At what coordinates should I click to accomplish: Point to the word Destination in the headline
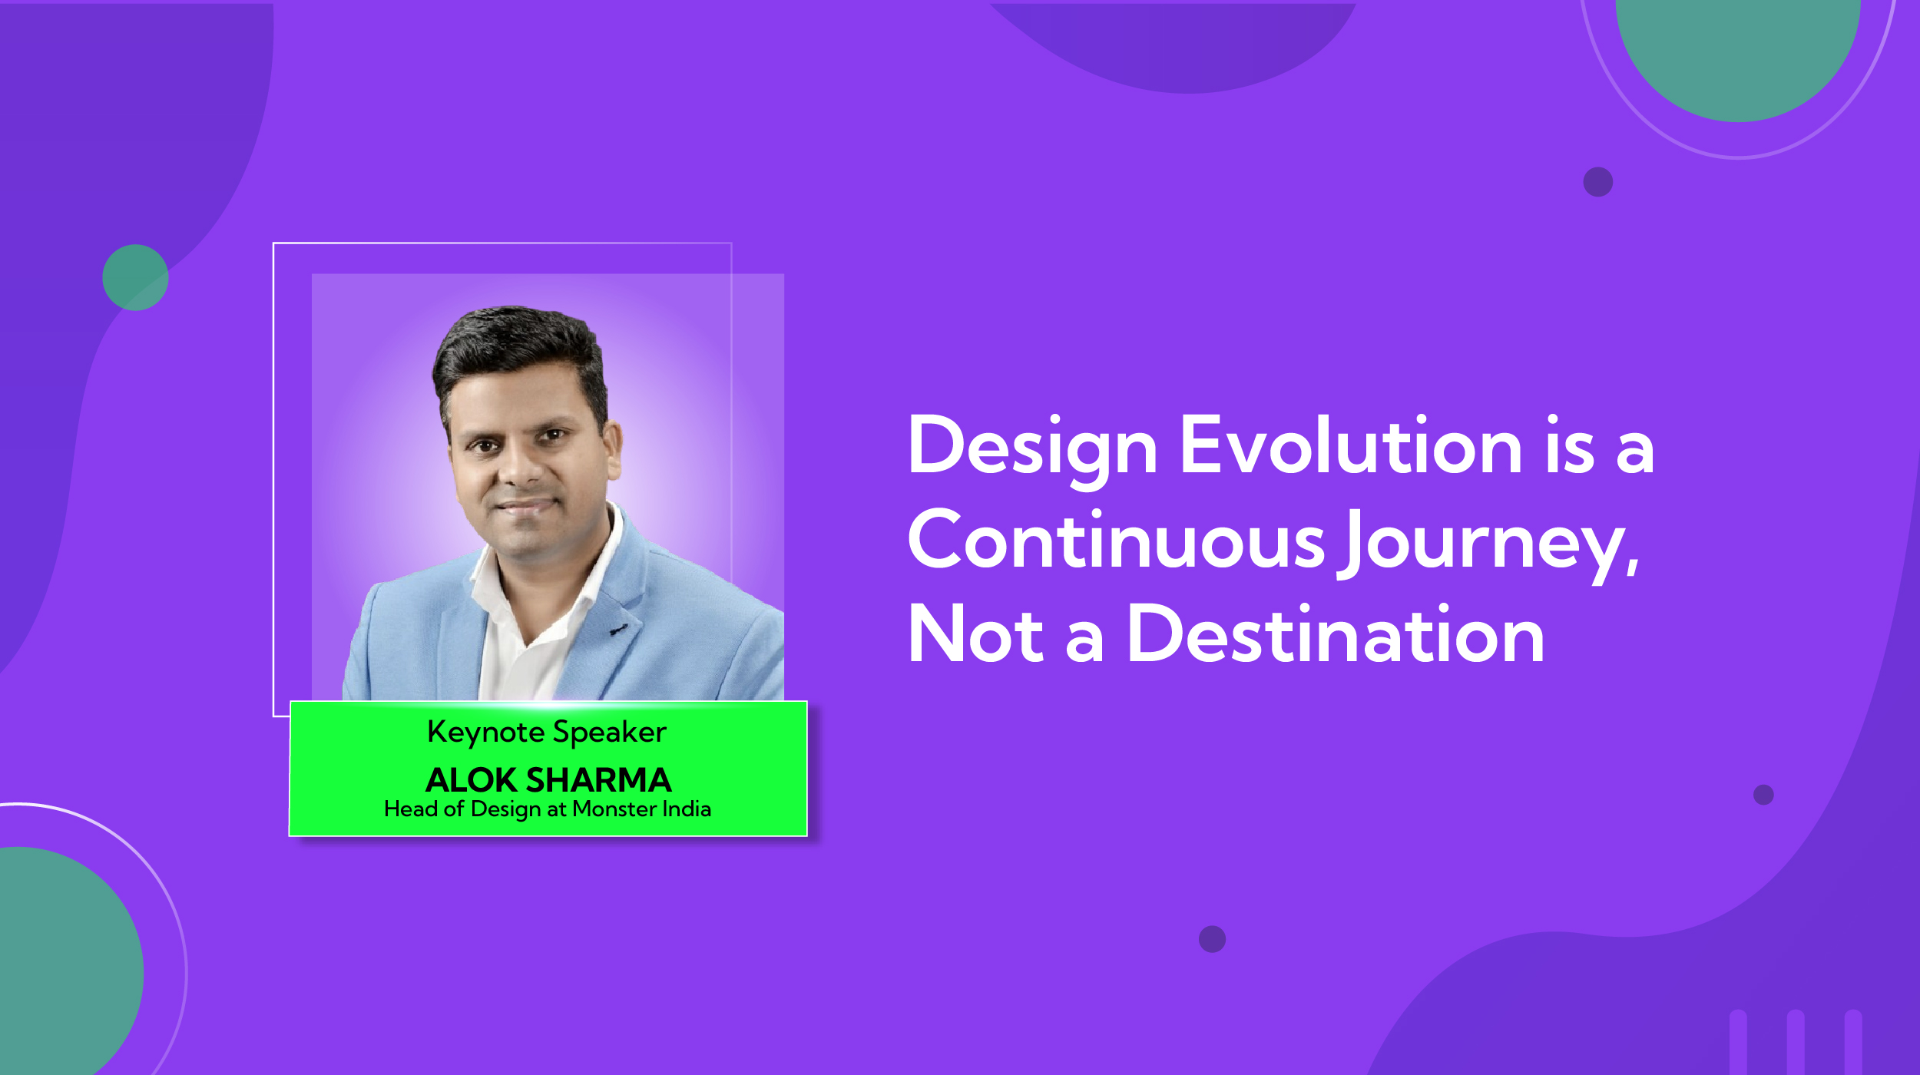[1336, 636]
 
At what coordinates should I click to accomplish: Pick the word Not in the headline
[975, 636]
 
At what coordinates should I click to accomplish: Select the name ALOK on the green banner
[471, 780]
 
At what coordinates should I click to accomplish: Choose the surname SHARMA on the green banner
[610, 780]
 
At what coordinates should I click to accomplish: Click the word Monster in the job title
[614, 809]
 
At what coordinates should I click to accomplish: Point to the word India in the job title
[687, 809]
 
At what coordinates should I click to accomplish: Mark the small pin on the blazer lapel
[618, 630]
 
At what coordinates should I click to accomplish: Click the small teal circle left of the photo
[135, 277]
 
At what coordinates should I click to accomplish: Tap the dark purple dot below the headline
[1212, 938]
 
